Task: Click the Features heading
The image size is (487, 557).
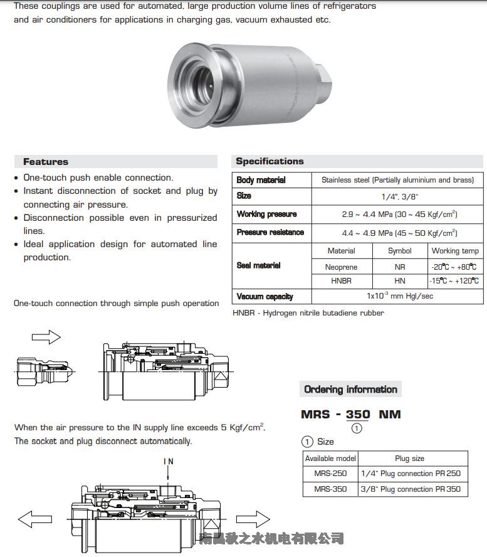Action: [46, 162]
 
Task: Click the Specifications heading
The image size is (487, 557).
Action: [270, 161]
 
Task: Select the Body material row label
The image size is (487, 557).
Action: [261, 180]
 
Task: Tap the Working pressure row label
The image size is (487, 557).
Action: [266, 214]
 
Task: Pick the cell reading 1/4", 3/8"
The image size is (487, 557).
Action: [397, 196]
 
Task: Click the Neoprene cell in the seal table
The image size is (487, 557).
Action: [341, 267]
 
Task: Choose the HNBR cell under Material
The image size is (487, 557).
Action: [341, 281]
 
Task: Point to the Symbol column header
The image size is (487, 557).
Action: [399, 251]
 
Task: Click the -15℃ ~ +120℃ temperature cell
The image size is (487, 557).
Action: [454, 281]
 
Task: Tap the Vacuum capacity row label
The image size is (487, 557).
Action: [264, 297]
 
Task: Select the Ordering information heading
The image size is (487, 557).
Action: [350, 390]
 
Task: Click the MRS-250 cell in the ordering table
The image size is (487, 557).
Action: [330, 474]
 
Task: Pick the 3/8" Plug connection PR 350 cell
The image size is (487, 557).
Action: [411, 489]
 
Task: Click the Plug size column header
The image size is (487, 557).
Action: [410, 459]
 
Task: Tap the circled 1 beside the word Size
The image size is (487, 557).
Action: [307, 442]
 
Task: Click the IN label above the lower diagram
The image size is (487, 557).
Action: [169, 462]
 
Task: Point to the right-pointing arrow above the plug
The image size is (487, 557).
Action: [46, 337]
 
